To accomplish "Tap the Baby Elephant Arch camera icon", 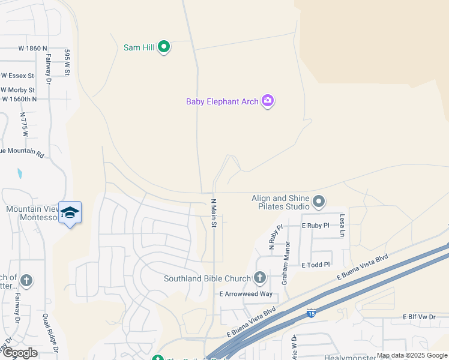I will tap(268, 101).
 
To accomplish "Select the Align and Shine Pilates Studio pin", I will tap(318, 202).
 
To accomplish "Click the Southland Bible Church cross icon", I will tap(259, 277).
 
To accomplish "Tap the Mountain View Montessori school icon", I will tap(70, 212).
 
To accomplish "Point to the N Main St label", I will tap(213, 213).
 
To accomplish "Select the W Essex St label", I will tap(18, 76).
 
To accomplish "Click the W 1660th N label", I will tap(19, 99).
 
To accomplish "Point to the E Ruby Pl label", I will tap(315, 226).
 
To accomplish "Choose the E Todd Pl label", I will tap(316, 265).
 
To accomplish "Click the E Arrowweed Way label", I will tap(246, 294).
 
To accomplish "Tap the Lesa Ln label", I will tap(343, 225).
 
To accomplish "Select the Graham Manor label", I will tap(288, 256).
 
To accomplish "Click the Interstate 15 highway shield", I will tap(310, 313).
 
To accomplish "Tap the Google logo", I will tap(19, 352).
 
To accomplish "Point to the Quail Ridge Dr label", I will tap(51, 333).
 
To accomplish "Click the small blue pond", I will tap(20, 174).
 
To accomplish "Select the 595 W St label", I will tap(68, 62).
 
